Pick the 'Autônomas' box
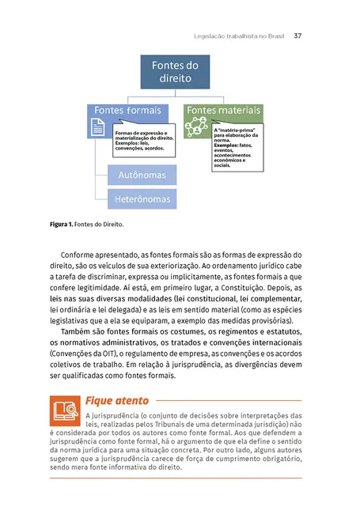click(x=142, y=173)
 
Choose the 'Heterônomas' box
click(x=142, y=197)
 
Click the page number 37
click(x=298, y=36)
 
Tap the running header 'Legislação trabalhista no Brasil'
click(x=239, y=36)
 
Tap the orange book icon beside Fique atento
click(x=64, y=409)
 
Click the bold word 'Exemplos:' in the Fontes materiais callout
click(x=228, y=146)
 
